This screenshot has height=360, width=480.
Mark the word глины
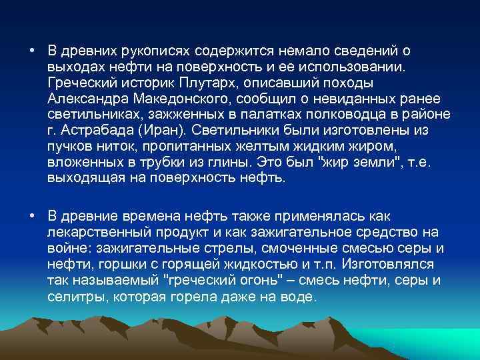coord(225,162)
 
